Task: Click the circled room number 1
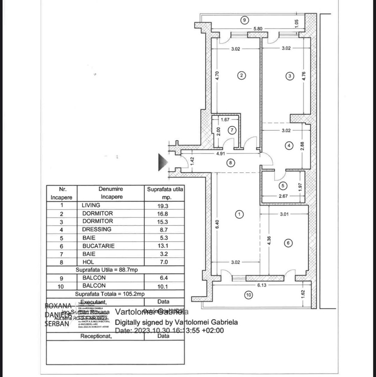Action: click(239, 214)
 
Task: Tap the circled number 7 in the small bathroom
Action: click(232, 130)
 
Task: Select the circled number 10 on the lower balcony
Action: click(248, 295)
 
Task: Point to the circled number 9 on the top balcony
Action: click(245, 20)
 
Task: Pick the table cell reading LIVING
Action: click(91, 205)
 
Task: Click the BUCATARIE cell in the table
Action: click(98, 246)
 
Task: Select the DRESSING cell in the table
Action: click(97, 229)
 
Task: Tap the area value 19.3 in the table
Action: click(164, 206)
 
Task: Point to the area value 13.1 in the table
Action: click(164, 246)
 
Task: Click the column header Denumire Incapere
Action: click(110, 193)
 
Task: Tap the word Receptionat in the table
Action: click(96, 337)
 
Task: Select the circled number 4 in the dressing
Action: click(288, 146)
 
